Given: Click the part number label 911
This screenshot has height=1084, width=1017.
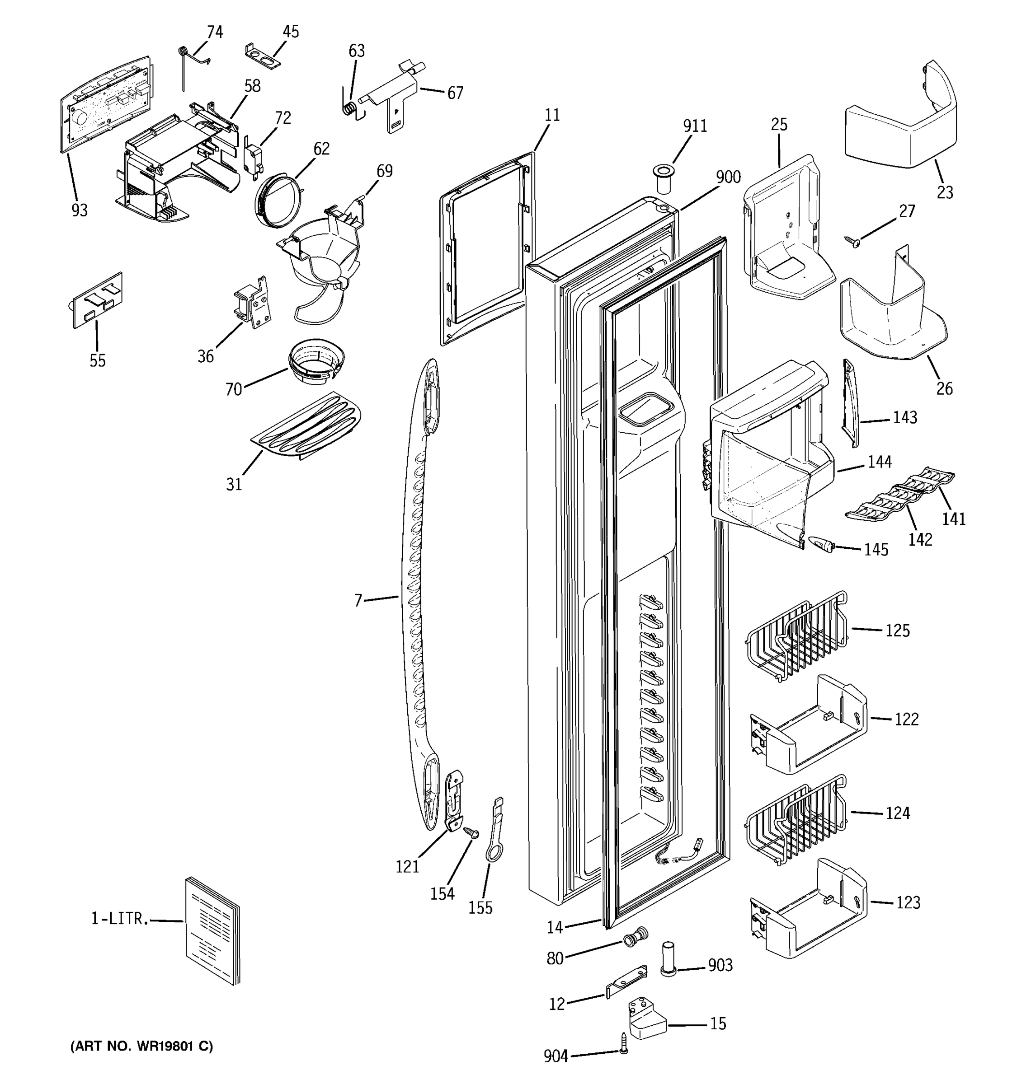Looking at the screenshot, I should (695, 126).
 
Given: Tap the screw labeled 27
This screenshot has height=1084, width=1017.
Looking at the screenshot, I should (852, 240).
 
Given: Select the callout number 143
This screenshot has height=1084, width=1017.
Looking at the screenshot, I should (904, 418).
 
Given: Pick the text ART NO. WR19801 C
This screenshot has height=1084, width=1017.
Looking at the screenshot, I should (142, 1047).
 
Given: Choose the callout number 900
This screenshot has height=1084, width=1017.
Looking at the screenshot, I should (728, 177).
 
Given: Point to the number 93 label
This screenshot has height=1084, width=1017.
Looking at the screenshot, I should (80, 210).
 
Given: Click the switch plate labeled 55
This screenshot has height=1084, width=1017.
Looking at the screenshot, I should (98, 300).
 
